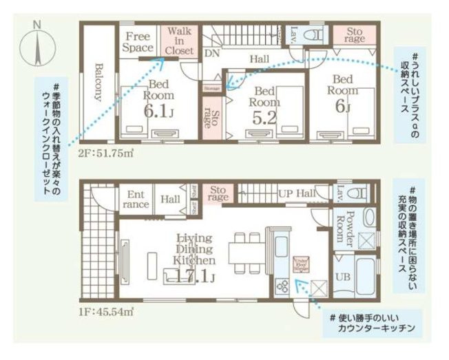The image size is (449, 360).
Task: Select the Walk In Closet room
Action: click(179, 41)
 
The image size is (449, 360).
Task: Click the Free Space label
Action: click(138, 42)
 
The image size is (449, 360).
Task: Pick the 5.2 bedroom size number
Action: click(264, 118)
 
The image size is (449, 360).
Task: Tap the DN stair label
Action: click(211, 52)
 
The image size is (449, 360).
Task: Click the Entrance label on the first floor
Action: click(135, 199)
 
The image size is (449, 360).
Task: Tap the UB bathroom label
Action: click(342, 277)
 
